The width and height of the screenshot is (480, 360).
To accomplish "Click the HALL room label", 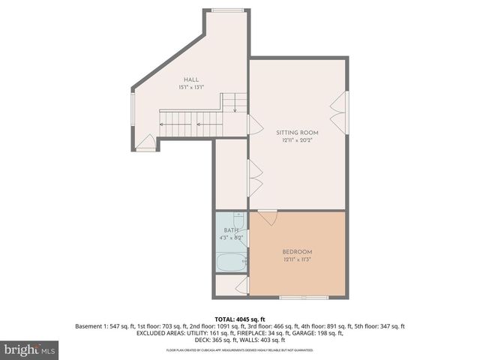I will [x=192, y=79].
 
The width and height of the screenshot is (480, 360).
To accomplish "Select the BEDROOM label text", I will [x=297, y=251].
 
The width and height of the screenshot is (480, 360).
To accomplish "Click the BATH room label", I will [x=231, y=230].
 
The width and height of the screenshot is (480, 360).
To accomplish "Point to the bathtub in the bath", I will [x=231, y=263].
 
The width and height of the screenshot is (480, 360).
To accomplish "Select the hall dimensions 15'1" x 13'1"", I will [x=192, y=88].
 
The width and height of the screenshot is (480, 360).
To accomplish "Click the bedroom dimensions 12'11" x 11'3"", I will [x=297, y=259].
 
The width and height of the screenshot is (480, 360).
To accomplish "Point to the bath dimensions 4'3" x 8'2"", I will [x=231, y=238].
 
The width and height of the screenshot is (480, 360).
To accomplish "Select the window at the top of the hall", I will [x=220, y=11].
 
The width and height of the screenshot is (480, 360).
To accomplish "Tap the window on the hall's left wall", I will [x=133, y=109].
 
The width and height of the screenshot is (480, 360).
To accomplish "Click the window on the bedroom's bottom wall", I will [x=304, y=297].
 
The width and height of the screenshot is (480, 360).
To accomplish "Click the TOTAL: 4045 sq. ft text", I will [x=239, y=318].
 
